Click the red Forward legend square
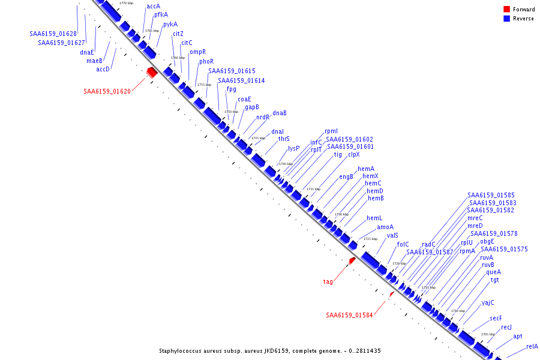click(x=506, y=9)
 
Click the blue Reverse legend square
click(x=506, y=18)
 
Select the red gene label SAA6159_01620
click(x=107, y=91)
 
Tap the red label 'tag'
click(x=328, y=281)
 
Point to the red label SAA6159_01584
click(x=349, y=315)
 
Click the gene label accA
click(x=153, y=7)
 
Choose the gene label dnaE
click(x=87, y=52)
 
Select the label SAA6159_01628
click(x=53, y=34)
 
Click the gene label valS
click(x=392, y=235)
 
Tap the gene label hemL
click(x=374, y=218)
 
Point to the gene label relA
click(x=532, y=346)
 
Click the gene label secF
click(x=496, y=318)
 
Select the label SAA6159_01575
click(x=504, y=249)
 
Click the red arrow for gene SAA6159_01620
click(x=152, y=72)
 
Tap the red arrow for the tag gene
click(x=352, y=260)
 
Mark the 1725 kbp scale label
click(x=370, y=239)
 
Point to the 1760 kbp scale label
click(x=178, y=58)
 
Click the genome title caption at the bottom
click(x=270, y=350)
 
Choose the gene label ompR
click(x=197, y=52)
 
